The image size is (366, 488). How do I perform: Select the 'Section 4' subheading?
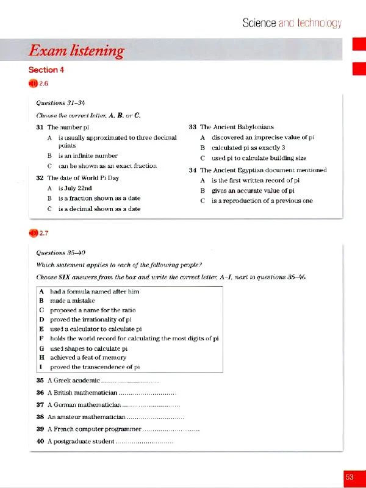pos(46,70)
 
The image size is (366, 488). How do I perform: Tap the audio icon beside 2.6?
pos(33,84)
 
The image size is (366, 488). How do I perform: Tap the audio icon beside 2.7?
pos(33,231)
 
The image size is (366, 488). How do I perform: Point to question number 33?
pos(193,127)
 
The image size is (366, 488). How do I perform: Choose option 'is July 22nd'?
pos(75,188)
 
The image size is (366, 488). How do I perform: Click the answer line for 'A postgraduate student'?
pos(144,440)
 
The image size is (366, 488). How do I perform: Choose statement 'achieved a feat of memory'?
pos(89,357)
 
